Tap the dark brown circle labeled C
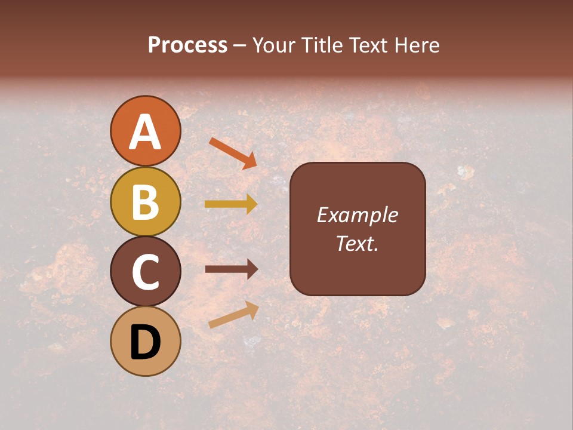coord(145,271)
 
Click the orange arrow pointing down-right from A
coord(233,153)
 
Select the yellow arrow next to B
coord(231,204)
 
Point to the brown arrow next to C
coord(231,269)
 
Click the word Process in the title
coord(187,45)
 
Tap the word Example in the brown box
coord(357,215)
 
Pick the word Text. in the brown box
coord(357,243)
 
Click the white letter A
coord(145,132)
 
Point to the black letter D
coord(145,342)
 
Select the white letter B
coord(145,202)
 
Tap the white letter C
coord(145,272)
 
